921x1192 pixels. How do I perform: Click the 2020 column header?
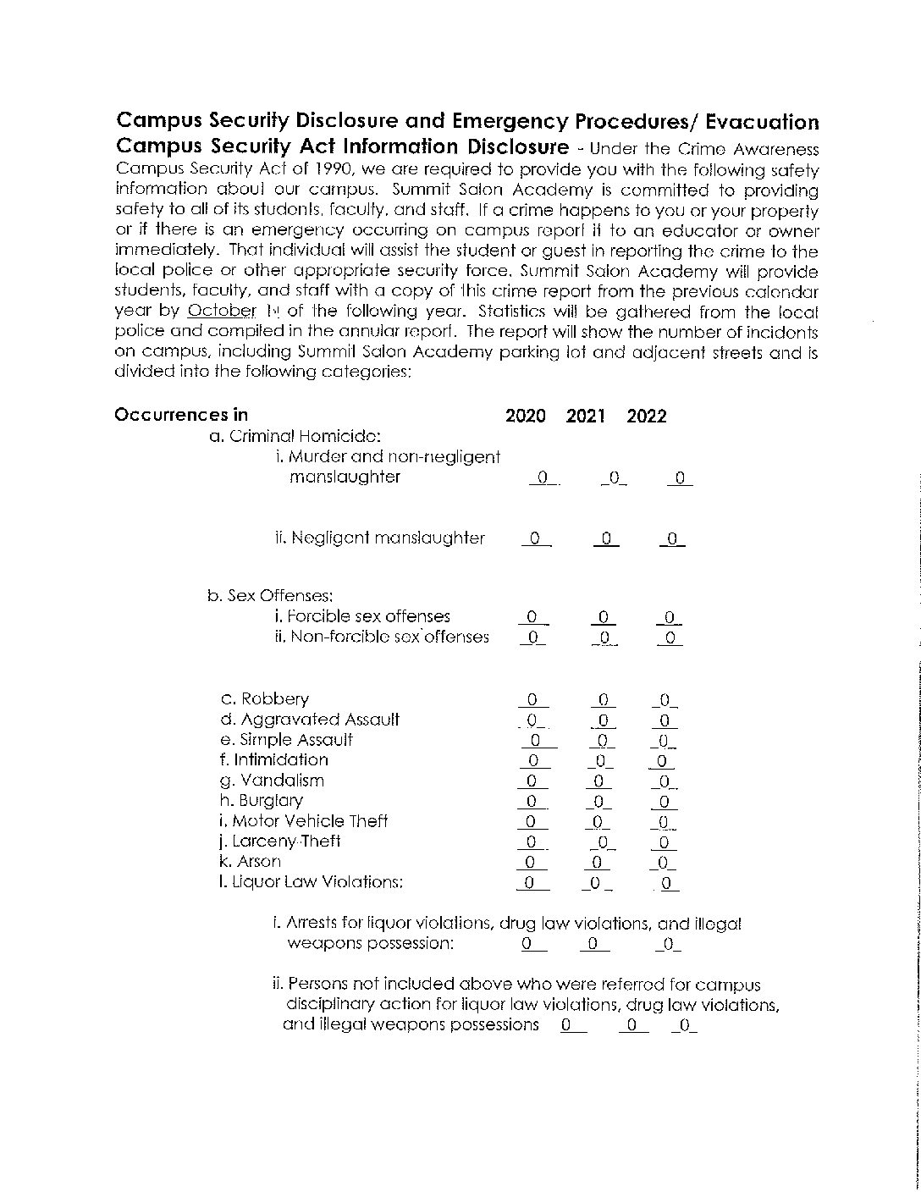[526, 416]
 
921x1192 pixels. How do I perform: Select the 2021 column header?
[586, 416]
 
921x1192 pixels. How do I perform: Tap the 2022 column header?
[647, 416]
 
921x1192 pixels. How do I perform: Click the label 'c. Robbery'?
[264, 699]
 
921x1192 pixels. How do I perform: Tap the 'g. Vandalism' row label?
[271, 781]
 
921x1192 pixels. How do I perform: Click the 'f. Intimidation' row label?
[273, 760]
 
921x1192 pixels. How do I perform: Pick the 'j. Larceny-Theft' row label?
[279, 842]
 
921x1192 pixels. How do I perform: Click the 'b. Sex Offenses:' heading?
[270, 596]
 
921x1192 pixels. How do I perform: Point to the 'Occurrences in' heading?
[181, 415]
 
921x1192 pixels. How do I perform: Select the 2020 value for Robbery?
[532, 700]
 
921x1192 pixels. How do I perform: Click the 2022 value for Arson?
[664, 863]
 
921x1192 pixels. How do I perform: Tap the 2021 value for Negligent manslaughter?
[605, 538]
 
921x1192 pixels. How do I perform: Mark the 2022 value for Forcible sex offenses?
[669, 617]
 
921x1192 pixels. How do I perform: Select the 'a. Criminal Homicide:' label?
[295, 437]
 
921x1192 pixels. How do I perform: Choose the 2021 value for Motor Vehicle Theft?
[597, 821]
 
